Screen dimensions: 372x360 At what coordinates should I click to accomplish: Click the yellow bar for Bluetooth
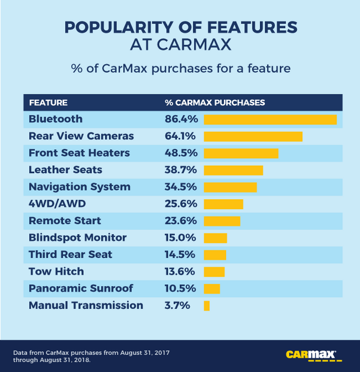pos(270,119)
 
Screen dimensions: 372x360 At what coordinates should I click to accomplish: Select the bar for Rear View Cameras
pos(253,136)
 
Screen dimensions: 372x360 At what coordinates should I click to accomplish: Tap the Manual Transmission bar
pos(207,306)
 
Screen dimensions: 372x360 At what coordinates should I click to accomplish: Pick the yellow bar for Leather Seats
pos(233,170)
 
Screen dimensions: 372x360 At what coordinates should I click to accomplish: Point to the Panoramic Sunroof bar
pos(212,289)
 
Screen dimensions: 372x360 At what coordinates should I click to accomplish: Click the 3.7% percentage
pos(177,306)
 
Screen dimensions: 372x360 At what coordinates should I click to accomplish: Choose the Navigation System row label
pos(79,187)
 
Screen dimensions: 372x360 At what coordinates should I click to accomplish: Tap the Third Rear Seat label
pos(70,254)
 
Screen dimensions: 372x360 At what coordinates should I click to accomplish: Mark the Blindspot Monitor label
pos(78,237)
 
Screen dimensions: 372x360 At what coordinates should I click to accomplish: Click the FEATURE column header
pos(48,102)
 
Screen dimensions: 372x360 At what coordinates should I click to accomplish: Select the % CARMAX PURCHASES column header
pos(214,102)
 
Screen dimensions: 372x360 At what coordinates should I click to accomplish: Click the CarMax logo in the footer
pos(311,355)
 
